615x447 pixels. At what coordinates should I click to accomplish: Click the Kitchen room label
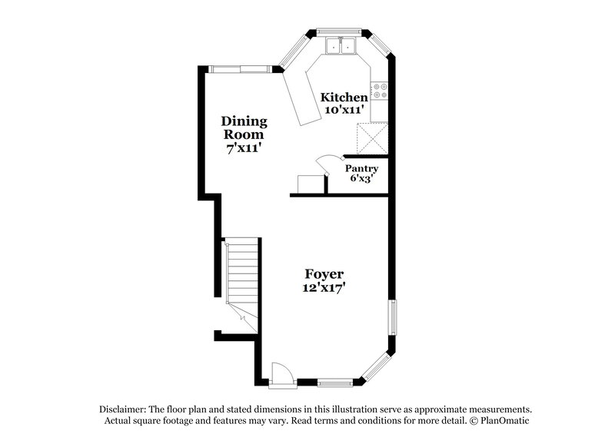[344, 98]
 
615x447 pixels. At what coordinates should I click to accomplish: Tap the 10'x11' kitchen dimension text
[344, 110]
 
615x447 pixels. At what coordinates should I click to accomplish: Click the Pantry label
[361, 168]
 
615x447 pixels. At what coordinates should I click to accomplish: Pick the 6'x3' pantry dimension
[361, 179]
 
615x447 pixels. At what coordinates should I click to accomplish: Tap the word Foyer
[324, 274]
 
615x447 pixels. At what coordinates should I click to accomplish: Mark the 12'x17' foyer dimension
[324, 288]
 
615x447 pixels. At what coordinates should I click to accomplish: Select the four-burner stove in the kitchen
[379, 91]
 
